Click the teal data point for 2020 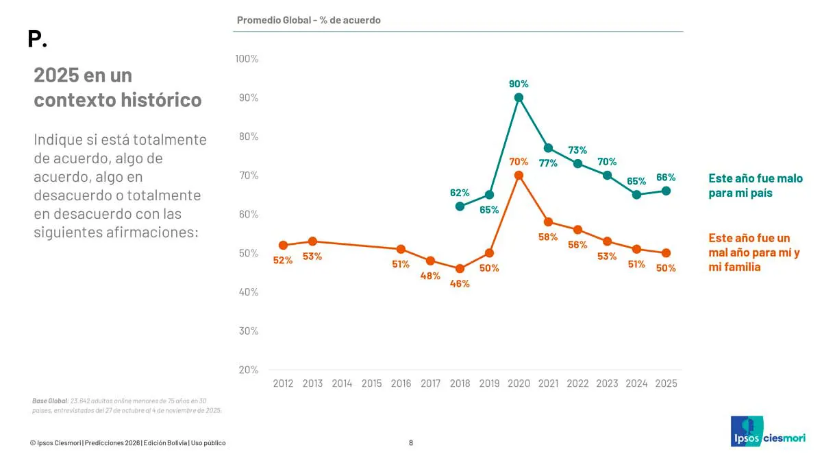point(519,97)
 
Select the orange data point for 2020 point(519,175)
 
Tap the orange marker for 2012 point(283,245)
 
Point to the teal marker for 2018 point(460,206)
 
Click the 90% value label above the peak point(519,84)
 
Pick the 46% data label point(460,283)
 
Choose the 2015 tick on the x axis point(371,383)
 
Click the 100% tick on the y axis point(247,59)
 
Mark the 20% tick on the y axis point(248,370)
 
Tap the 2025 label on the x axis point(666,383)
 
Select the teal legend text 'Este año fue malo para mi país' point(755,185)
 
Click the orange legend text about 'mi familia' point(754,252)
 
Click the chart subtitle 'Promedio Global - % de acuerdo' point(308,20)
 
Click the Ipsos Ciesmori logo point(767,431)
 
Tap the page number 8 point(411,442)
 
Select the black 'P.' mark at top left point(37,39)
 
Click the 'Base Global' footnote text point(127,405)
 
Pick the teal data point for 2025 point(666,191)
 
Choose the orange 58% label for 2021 point(548,237)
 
